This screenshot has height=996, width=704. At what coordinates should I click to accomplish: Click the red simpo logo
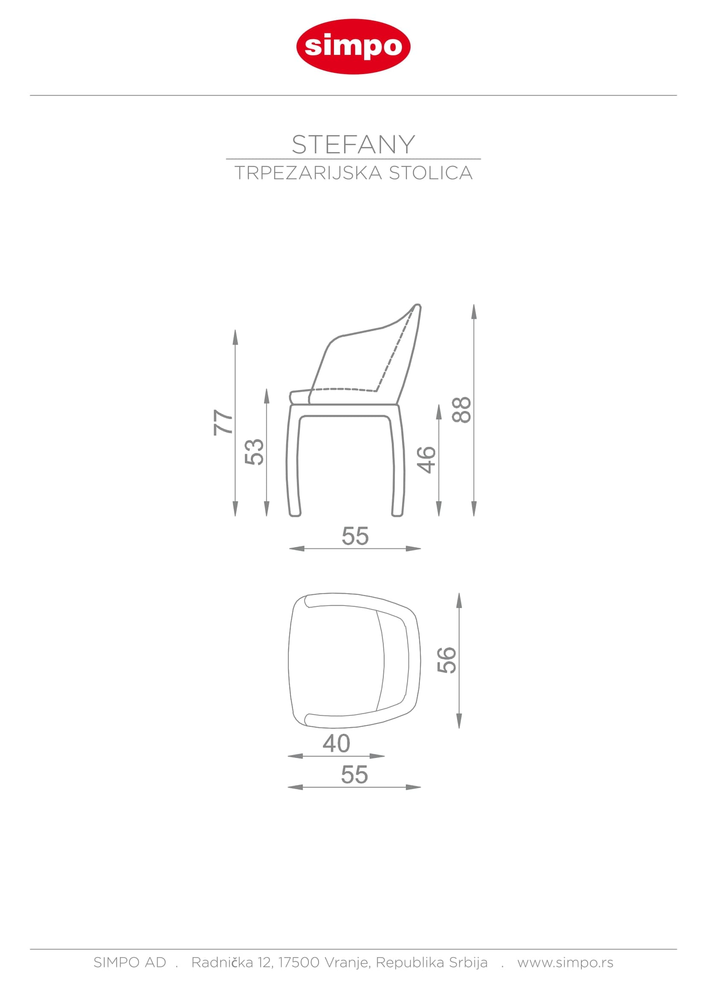coord(353,47)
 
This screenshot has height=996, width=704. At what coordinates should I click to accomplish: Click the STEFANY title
coord(353,144)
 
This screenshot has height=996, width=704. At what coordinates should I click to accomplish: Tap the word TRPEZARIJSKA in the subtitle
coord(308,173)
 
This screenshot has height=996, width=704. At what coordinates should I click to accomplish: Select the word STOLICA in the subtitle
coord(430,173)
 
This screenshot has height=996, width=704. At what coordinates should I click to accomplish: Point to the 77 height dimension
coord(223,422)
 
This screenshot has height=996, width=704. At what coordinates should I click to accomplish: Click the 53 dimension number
coord(255,452)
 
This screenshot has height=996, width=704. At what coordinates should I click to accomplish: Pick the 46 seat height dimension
coord(426,460)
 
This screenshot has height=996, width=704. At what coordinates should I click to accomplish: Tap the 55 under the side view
coord(355,536)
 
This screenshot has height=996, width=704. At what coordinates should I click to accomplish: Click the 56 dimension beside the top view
coord(447,660)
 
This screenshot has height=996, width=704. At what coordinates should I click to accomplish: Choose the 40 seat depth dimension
coord(336,744)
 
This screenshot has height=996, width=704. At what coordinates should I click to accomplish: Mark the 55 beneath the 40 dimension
coord(355,775)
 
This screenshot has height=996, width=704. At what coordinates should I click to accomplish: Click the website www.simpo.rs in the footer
coord(565,963)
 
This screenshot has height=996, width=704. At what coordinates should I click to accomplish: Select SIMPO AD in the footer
coord(130,963)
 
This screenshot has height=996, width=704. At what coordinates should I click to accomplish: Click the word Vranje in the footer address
coord(347,963)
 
